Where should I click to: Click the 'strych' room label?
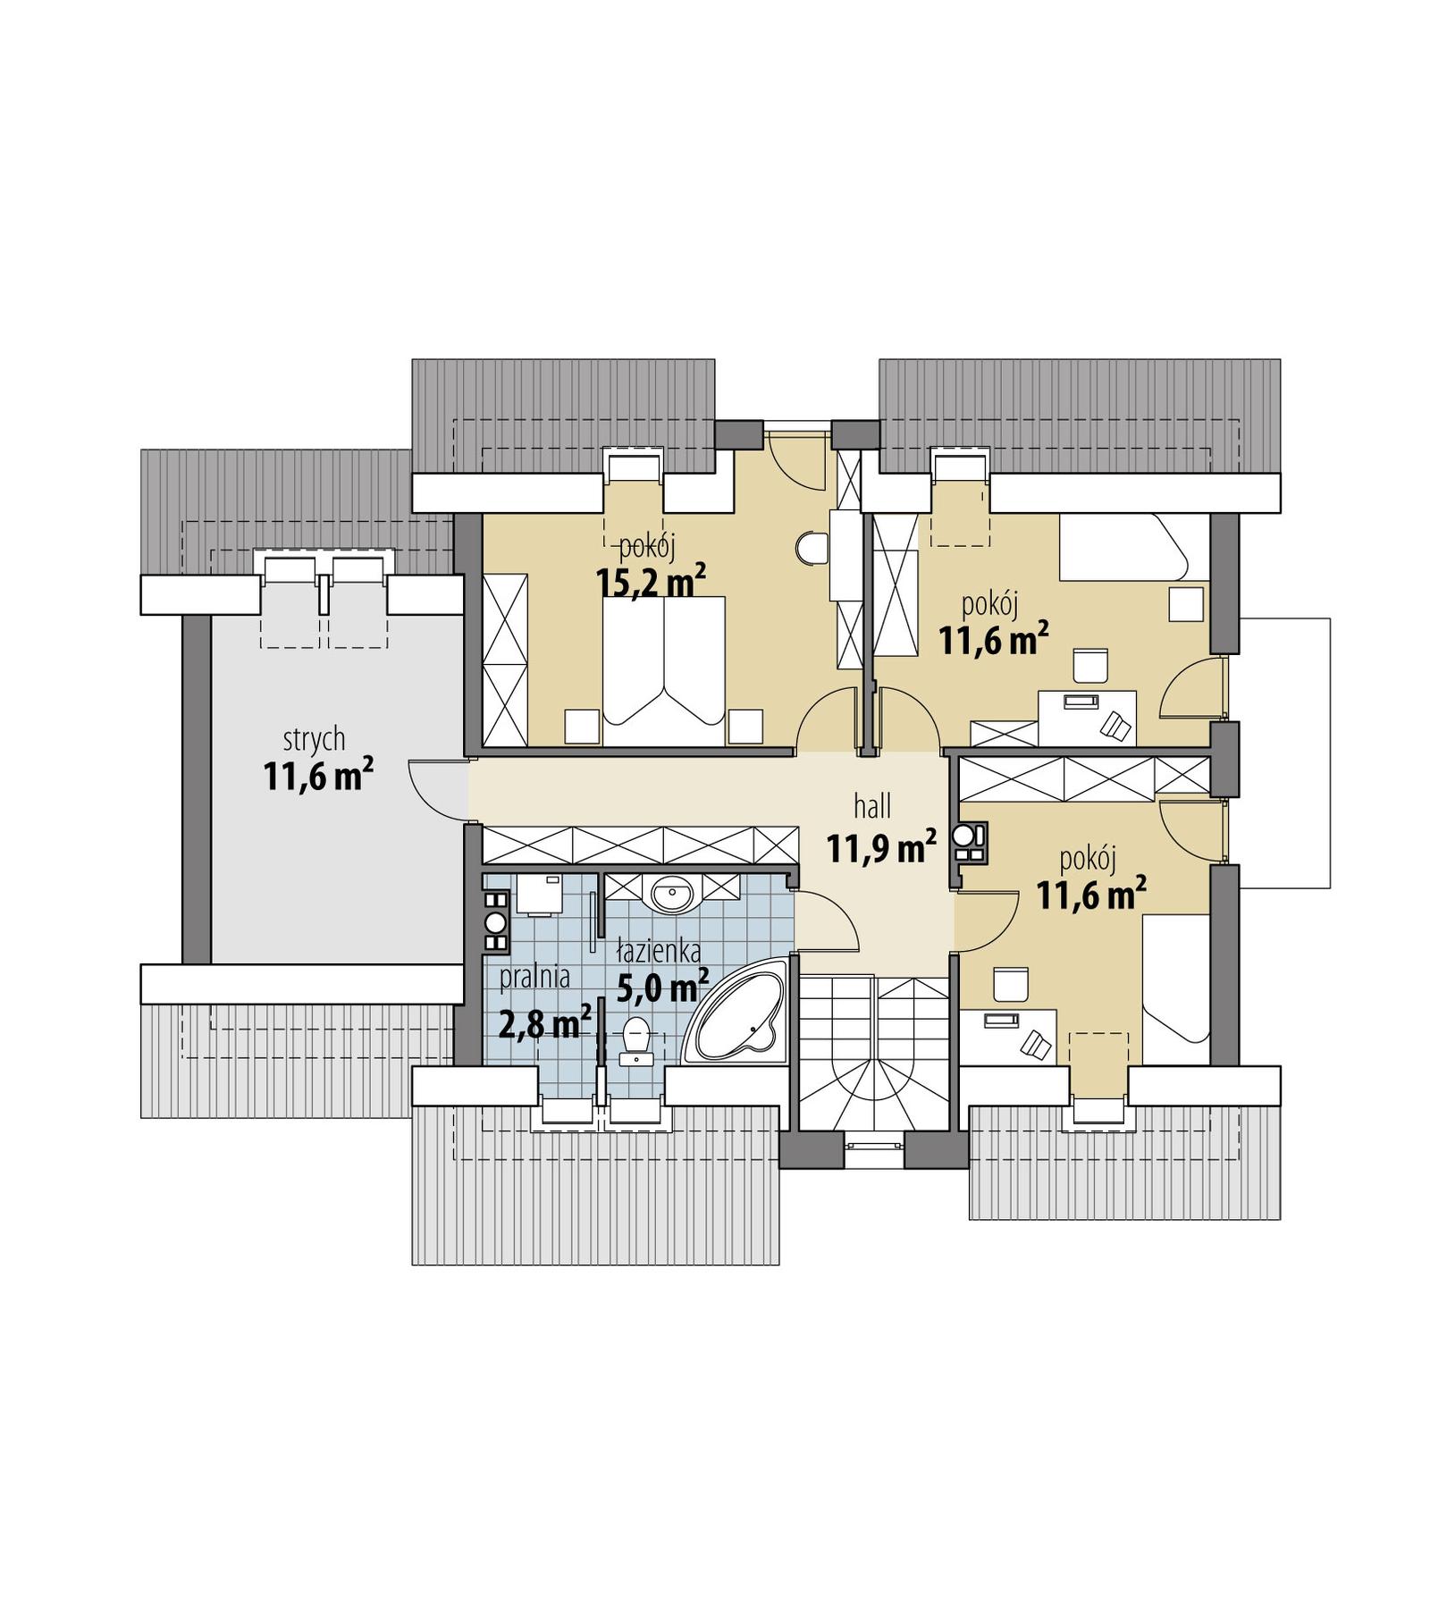314,739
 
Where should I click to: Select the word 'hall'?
872,807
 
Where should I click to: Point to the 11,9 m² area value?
881,847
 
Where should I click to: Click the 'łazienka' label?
659,952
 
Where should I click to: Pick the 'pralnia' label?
534,977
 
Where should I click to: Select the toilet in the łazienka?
635,1038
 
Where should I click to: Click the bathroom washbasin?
671,892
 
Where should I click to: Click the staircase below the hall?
872,1055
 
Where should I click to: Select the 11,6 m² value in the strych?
317,776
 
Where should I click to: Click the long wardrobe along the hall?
640,844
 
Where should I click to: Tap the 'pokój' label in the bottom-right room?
1089,860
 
